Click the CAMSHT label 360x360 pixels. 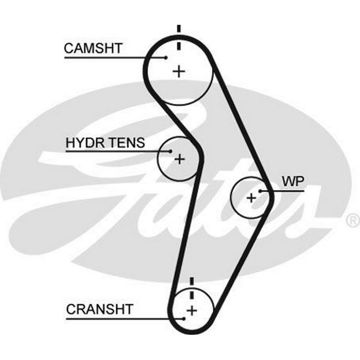(x=93, y=48)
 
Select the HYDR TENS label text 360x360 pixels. (x=105, y=143)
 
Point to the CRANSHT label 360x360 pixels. (x=100, y=309)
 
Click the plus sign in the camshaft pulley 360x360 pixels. (x=179, y=71)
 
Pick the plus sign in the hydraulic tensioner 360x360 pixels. (x=179, y=158)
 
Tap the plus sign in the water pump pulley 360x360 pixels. (x=251, y=197)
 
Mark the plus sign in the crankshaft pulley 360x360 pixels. (x=192, y=310)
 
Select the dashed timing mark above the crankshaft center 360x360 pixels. (x=192, y=288)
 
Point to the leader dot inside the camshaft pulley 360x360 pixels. (x=166, y=57)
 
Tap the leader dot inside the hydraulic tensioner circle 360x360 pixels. (x=171, y=152)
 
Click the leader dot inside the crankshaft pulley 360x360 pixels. (x=184, y=318)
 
